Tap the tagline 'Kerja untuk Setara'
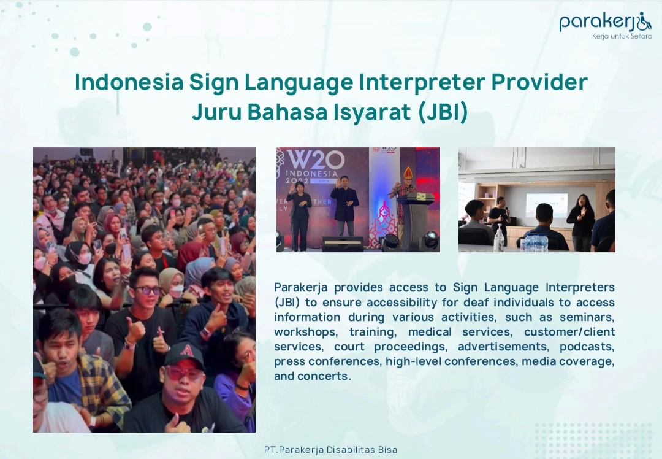click(622, 36)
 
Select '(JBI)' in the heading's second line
click(443, 112)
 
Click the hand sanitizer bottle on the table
click(500, 238)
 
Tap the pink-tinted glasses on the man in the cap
click(183, 374)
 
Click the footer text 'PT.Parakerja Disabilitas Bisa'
click(330, 450)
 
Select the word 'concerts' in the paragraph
click(322, 376)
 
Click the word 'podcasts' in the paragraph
click(587, 347)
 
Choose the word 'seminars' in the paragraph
click(587, 317)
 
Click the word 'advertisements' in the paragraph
click(504, 347)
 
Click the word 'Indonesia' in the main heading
click(129, 82)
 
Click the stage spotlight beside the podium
click(431, 239)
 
